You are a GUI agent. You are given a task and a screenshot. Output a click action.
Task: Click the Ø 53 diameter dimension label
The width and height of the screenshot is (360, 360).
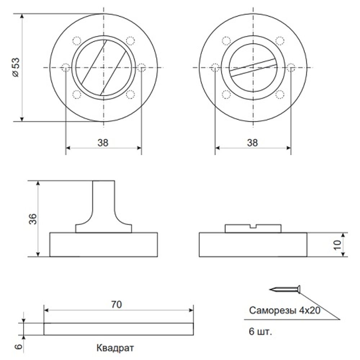pyautogui.click(x=16, y=68)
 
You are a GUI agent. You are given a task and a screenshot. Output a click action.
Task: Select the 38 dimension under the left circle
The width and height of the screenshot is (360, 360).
pyautogui.click(x=103, y=143)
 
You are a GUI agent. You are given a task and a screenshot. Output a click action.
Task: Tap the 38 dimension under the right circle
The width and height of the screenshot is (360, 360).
pyautogui.click(x=252, y=143)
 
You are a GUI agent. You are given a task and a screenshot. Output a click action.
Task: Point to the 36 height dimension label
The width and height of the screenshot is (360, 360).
pyautogui.click(x=33, y=219)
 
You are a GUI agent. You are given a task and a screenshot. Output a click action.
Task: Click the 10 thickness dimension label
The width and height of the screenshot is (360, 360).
pyautogui.click(x=338, y=245)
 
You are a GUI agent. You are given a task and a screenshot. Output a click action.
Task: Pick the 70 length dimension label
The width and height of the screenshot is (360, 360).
pyautogui.click(x=116, y=305)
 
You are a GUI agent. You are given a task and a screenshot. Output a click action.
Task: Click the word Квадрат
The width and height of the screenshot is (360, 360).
pyautogui.click(x=115, y=348)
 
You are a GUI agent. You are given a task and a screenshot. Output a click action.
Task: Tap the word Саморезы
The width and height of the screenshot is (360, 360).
pyautogui.click(x=273, y=311)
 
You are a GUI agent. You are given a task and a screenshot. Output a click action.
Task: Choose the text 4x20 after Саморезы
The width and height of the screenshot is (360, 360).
pyautogui.click(x=310, y=310)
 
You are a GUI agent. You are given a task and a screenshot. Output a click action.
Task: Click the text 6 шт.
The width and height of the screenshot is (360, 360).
pyautogui.click(x=260, y=332)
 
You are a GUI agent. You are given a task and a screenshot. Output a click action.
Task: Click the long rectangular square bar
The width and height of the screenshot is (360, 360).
pyautogui.click(x=118, y=329)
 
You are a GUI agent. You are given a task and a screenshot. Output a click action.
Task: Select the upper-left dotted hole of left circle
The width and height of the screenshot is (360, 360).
pyautogui.click(x=77, y=41)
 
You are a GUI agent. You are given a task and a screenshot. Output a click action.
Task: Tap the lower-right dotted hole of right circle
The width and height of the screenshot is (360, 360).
pyautogui.click(x=280, y=94)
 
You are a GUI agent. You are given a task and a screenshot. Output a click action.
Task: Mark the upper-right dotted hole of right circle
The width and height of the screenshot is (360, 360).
pyautogui.click(x=280, y=41)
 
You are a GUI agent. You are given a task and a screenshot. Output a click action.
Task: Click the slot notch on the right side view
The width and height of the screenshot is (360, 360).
pyautogui.click(x=253, y=226)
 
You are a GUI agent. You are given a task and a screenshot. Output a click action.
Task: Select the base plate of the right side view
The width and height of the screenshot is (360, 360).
pyautogui.click(x=253, y=244)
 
